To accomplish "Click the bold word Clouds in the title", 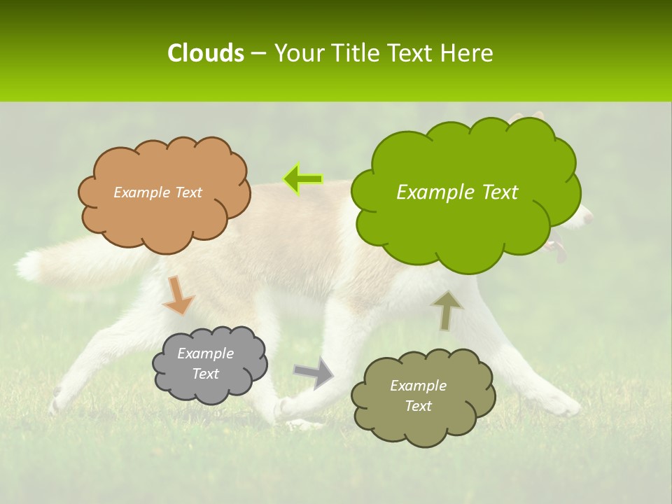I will [205, 53].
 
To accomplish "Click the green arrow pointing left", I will [303, 179].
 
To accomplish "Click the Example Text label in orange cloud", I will [157, 192].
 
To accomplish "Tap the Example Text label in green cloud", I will [457, 192].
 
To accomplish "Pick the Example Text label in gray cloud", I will [206, 363].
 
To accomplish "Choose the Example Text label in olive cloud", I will [419, 395].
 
